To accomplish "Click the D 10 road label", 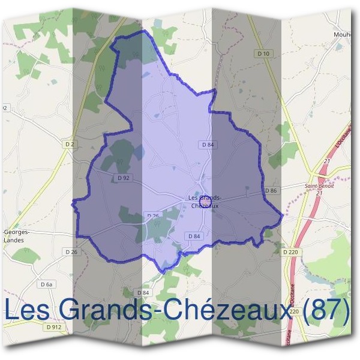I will (x=263, y=54).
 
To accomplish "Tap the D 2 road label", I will (x=70, y=144).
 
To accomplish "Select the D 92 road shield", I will (x=124, y=178).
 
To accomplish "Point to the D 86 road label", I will (x=271, y=190).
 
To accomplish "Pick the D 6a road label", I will (x=46, y=284).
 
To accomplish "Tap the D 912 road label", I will (x=53, y=327).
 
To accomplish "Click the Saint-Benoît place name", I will (x=319, y=186).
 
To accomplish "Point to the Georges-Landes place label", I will (x=19, y=235).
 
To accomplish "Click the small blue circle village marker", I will (x=205, y=204).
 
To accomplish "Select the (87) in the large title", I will (x=326, y=310).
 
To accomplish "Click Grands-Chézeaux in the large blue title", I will (x=179, y=310).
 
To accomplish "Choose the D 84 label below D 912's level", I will (x=142, y=292).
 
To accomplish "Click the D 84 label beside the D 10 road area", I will (x=208, y=145).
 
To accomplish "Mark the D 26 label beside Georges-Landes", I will (x=71, y=251).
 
